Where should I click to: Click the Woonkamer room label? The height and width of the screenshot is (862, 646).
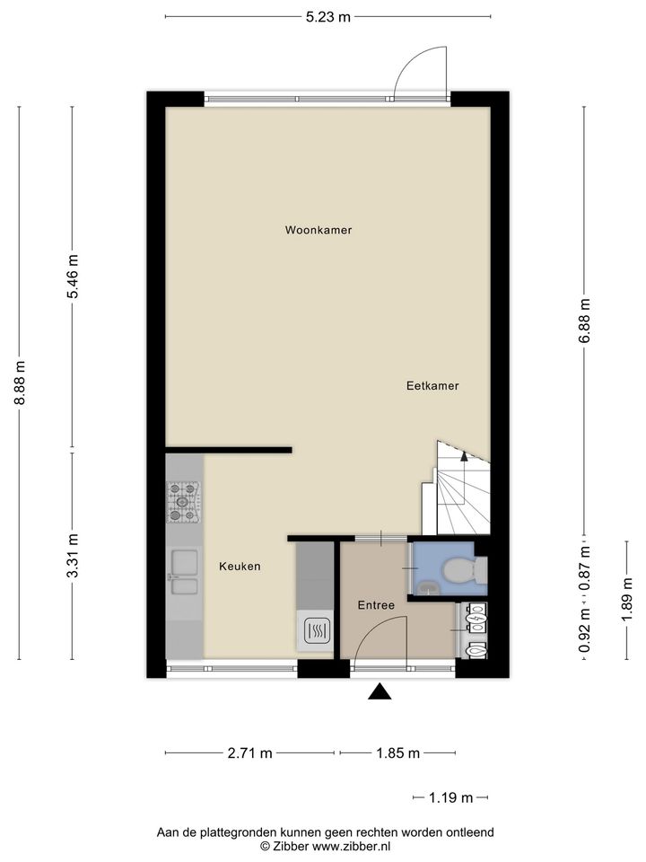pyautogui.click(x=318, y=230)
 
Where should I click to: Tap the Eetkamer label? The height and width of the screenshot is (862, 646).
pyautogui.click(x=432, y=386)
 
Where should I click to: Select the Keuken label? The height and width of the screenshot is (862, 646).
pyautogui.click(x=240, y=567)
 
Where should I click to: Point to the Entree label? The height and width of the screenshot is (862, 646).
pyautogui.click(x=376, y=605)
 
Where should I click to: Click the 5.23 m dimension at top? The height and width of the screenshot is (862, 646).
pyautogui.click(x=328, y=17)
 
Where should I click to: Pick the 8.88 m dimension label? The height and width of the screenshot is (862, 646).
pyautogui.click(x=20, y=383)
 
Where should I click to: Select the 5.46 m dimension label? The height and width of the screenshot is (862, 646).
pyautogui.click(x=73, y=277)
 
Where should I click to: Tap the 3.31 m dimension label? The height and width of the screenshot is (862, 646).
pyautogui.click(x=73, y=556)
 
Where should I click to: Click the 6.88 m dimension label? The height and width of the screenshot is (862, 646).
pyautogui.click(x=584, y=321)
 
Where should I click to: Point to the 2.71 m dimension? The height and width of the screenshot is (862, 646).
pyautogui.click(x=250, y=753)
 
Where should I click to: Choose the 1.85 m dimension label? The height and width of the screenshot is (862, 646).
pyautogui.click(x=397, y=753)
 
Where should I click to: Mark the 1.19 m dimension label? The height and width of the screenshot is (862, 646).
pyautogui.click(x=450, y=797)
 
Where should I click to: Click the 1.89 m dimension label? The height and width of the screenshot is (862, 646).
pyautogui.click(x=627, y=599)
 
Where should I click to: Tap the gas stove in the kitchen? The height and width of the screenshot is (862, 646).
pyautogui.click(x=183, y=502)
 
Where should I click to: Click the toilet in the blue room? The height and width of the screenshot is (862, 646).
pyautogui.click(x=465, y=571)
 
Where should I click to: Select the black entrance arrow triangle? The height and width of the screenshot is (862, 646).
pyautogui.click(x=380, y=692)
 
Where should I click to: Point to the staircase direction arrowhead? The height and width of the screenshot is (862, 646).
pyautogui.click(x=464, y=455)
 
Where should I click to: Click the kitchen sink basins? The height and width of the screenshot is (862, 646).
pyautogui.click(x=184, y=572)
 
